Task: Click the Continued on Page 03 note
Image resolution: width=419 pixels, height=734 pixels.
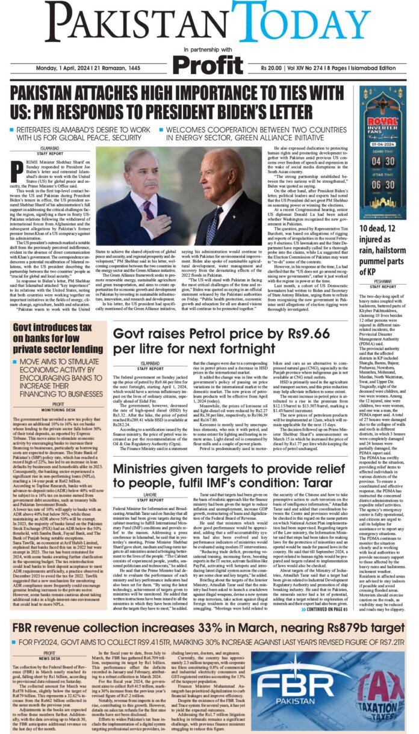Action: click(326, 609)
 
